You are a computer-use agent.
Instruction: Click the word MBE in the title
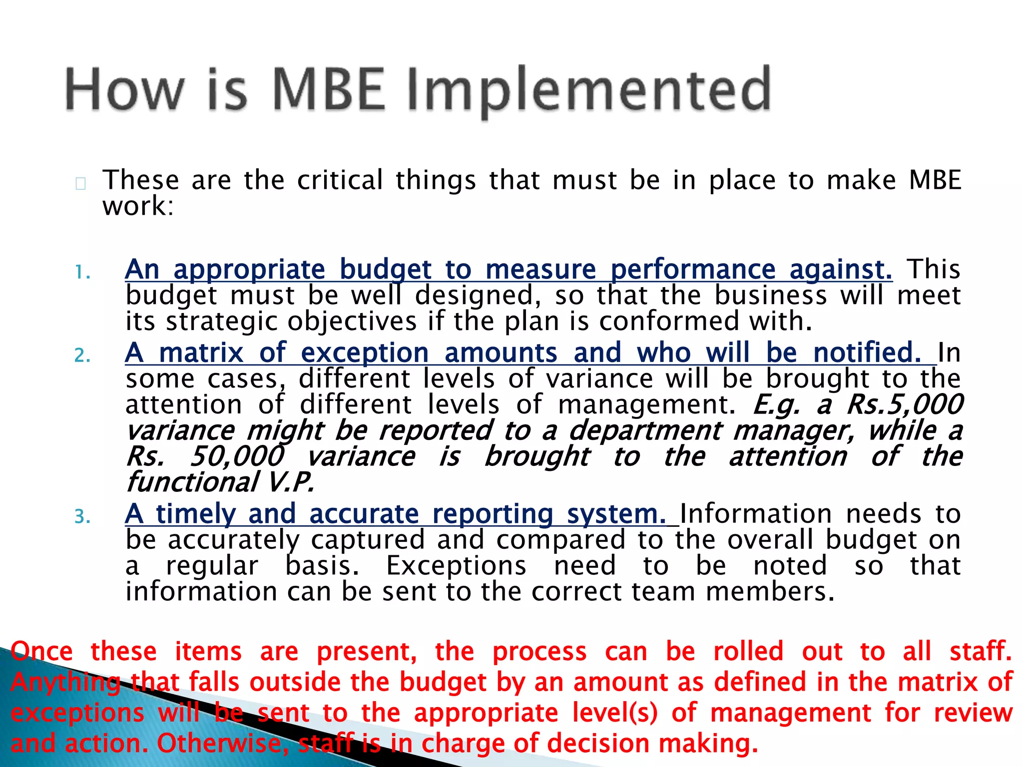330,90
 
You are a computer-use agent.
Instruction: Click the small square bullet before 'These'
81,184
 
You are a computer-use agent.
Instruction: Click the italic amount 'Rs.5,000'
904,404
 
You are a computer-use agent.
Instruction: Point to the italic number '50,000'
237,456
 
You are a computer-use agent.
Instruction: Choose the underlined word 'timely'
195,514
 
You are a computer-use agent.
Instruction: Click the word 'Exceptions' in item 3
456,566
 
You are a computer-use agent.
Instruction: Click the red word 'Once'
42,652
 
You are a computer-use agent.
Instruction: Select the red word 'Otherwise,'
220,744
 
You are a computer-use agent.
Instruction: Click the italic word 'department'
645,430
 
